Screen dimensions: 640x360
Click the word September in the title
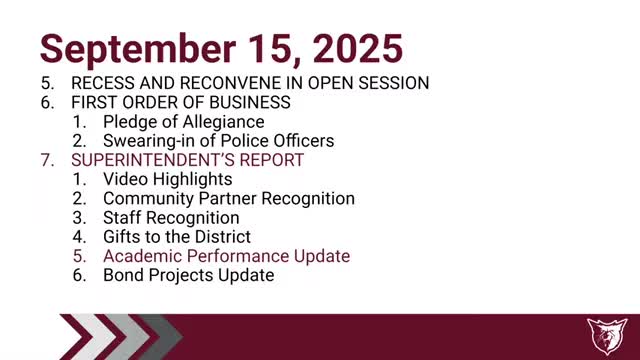coord(138,50)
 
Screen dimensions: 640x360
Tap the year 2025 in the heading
coord(358,49)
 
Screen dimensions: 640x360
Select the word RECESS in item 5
coord(103,83)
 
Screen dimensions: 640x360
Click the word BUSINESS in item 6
coord(250,102)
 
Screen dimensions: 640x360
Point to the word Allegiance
coord(224,122)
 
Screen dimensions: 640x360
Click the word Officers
coord(304,141)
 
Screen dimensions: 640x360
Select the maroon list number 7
coord(47,160)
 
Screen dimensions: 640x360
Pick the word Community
coord(149,199)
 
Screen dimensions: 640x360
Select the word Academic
coord(143,256)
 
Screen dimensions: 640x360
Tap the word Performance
coord(238,256)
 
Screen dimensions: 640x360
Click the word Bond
coord(124,275)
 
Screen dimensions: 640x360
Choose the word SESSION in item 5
coord(394,83)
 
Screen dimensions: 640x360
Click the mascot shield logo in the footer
coord(607,336)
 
